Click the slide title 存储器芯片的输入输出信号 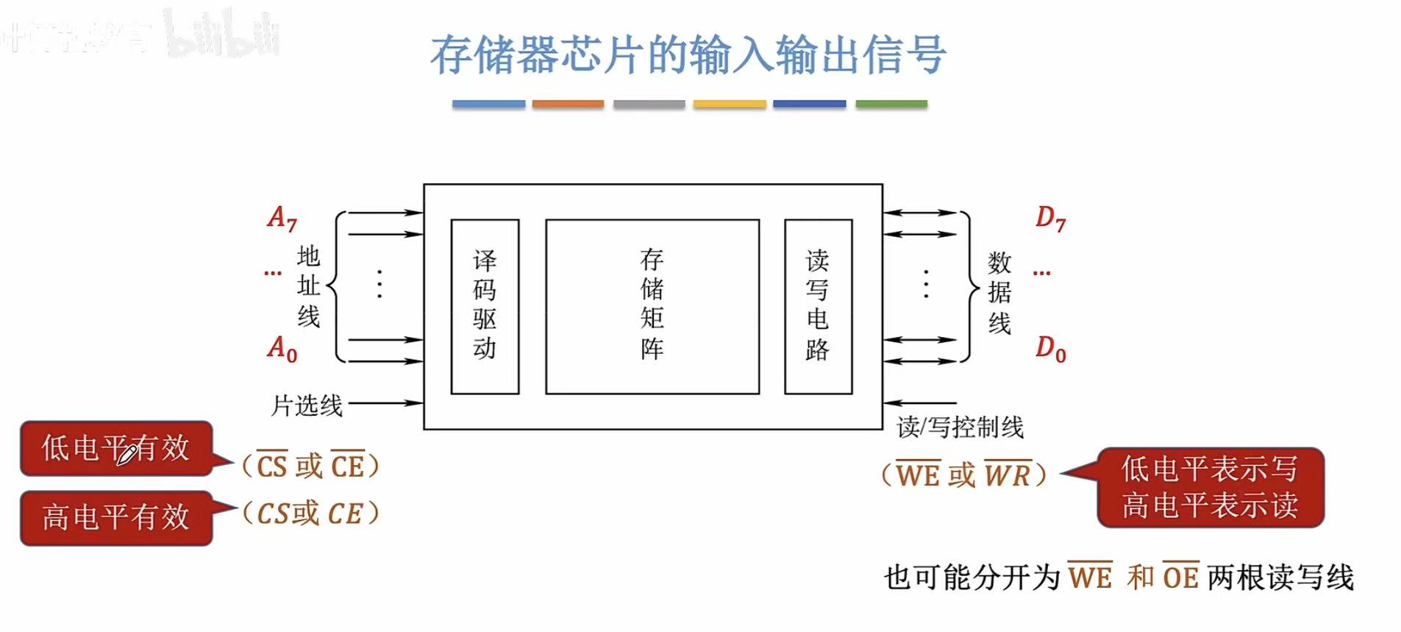tap(688, 55)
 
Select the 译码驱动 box tap(485, 306)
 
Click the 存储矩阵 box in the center tap(652, 306)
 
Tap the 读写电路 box tap(818, 306)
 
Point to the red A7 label tap(282, 218)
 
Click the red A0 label tap(282, 348)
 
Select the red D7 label tap(1050, 218)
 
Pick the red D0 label tap(1050, 348)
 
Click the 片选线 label tap(307, 405)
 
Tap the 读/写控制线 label tap(960, 427)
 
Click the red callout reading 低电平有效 tap(116, 448)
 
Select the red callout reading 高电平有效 tap(116, 517)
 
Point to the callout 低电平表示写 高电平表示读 tap(1210, 487)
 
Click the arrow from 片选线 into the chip tap(385, 403)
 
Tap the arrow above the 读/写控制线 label tap(919, 403)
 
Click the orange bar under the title tap(568, 104)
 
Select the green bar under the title tap(891, 104)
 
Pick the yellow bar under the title tap(729, 104)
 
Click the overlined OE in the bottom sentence tap(1180, 577)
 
